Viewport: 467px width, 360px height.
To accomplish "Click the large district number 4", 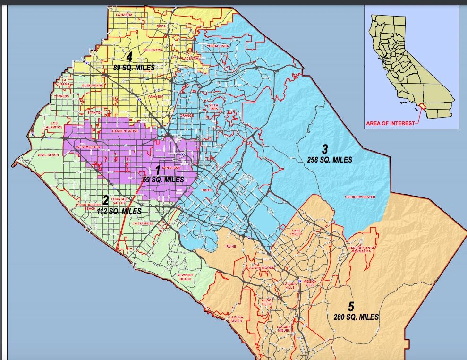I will (x=128, y=57).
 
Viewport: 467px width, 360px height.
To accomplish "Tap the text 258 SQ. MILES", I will (x=330, y=160).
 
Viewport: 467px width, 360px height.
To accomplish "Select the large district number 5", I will (x=351, y=306).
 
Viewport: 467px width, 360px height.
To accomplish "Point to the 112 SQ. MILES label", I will (x=119, y=211).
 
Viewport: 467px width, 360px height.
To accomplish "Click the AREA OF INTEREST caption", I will (x=390, y=123).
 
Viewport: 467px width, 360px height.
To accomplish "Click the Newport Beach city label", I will (x=185, y=277).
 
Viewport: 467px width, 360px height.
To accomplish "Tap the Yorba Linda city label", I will (x=218, y=46).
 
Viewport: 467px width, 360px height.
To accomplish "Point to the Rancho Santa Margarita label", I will (x=361, y=249).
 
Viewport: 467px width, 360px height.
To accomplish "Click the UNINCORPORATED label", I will (x=360, y=197).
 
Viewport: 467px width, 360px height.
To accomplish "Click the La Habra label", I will (x=124, y=15).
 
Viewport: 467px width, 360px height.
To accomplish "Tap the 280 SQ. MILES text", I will (x=355, y=317).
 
